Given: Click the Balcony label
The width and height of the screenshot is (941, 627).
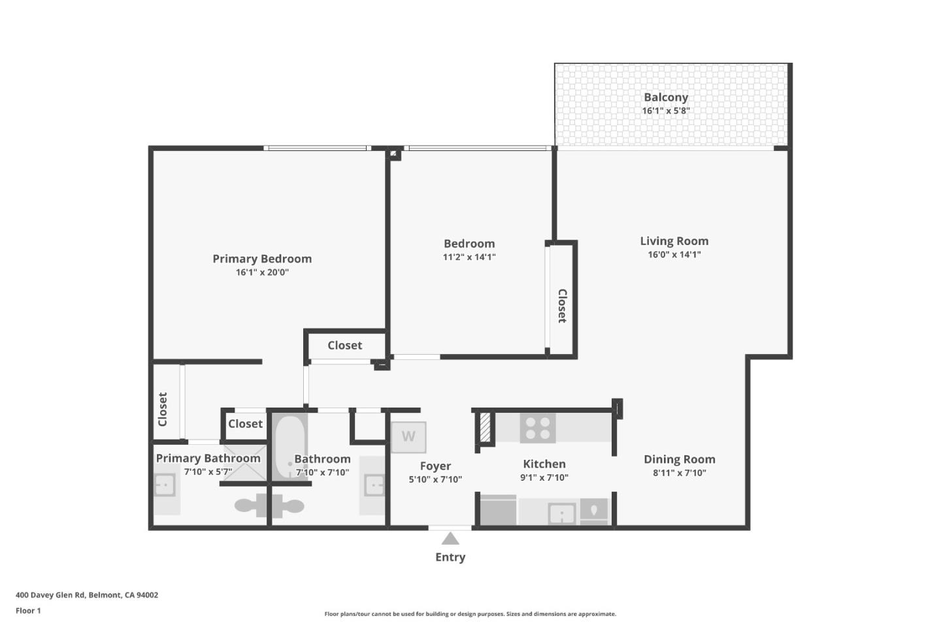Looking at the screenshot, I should (665, 97).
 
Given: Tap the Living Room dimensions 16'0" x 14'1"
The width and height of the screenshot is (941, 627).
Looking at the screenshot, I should (674, 255).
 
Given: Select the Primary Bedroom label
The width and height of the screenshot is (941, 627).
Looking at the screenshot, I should (262, 259).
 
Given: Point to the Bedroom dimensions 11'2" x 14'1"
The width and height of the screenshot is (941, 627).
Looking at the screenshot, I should (469, 257).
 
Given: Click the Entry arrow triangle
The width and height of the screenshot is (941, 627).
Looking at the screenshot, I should (450, 539).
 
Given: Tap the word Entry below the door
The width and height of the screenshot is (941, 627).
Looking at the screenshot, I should (450, 557).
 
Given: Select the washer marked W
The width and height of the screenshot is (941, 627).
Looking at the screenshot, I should (408, 437).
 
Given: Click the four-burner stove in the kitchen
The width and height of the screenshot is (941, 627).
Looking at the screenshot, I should (538, 428).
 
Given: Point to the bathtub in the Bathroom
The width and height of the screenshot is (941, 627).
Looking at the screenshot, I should (289, 447).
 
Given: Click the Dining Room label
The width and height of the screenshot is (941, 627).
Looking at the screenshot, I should (679, 459).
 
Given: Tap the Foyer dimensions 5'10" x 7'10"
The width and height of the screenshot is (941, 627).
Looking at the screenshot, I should (435, 479).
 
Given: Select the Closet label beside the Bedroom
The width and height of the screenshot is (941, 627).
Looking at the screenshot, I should (562, 306).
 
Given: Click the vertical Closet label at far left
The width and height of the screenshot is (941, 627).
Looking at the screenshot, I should (163, 410).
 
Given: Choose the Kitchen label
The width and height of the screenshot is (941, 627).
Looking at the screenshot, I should (544, 464).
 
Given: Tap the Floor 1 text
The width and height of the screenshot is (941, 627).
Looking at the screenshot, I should (28, 611).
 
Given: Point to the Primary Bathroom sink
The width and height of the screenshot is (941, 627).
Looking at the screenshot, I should (165, 485).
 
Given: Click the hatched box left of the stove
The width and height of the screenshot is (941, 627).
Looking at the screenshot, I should (485, 428).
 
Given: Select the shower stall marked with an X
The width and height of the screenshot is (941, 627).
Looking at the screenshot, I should (244, 464).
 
